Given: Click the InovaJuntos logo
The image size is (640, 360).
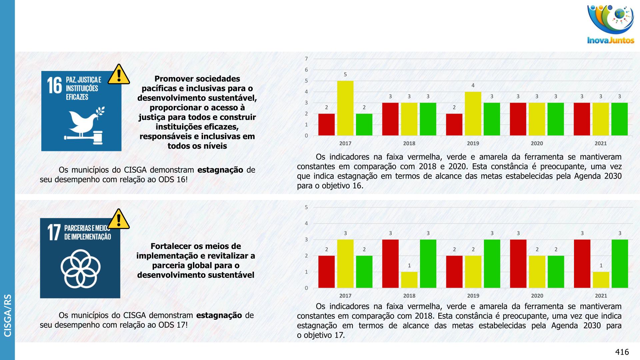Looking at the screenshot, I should click(x=611, y=24).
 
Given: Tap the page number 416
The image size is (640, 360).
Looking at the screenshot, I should click(x=622, y=352).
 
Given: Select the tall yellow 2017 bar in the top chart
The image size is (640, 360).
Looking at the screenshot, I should click(x=345, y=108).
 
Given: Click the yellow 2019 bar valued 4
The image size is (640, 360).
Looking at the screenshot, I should click(x=473, y=114).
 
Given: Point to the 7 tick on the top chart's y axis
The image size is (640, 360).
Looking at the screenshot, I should click(x=306, y=59).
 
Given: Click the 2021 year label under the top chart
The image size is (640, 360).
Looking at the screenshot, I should click(x=600, y=143).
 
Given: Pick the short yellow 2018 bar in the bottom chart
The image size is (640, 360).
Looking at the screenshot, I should click(x=409, y=280).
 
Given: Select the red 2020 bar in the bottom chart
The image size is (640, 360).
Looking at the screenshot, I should click(x=518, y=264).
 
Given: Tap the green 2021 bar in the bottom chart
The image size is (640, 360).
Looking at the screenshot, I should click(x=620, y=264).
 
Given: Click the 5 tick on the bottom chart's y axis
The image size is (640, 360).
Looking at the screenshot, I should click(x=306, y=207).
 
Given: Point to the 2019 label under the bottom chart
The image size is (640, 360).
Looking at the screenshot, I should click(x=473, y=296).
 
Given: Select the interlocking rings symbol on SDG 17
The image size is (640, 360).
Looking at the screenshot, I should click(x=80, y=269).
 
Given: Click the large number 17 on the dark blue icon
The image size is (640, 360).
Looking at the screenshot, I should click(x=54, y=232).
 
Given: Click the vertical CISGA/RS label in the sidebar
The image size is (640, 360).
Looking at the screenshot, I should click(x=7, y=315).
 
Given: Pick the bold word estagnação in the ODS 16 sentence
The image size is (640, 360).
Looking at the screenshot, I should click(x=220, y=170).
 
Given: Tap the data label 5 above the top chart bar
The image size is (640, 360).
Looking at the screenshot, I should click(x=345, y=75).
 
